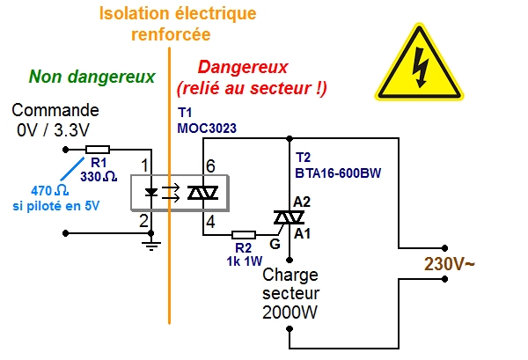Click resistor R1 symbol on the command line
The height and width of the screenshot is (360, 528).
coord(98,150)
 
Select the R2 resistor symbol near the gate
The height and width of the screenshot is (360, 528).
coord(244,235)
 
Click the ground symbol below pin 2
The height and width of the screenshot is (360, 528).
coord(151,246)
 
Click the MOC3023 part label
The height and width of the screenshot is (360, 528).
coord(207,129)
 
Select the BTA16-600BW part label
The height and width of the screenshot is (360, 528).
coord(341,174)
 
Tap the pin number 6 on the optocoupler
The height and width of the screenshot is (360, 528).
coord(210,165)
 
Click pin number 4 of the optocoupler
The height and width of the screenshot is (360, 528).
coord(210,220)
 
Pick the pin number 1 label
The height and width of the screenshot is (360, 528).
coord(145,165)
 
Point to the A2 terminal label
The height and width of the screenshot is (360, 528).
coord(302,202)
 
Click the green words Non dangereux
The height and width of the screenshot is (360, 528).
coord(92,77)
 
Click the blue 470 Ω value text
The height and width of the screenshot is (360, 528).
coord(49,191)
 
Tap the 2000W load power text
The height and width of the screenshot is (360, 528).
coord(291,312)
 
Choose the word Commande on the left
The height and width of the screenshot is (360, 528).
coord(55,111)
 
